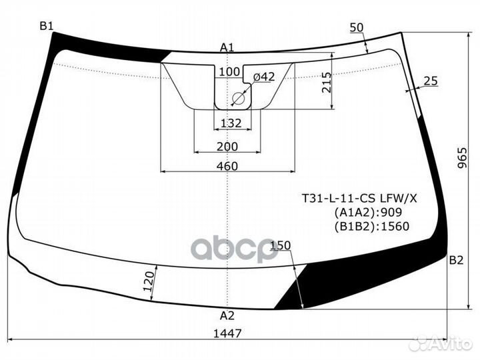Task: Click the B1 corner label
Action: coord(46,26)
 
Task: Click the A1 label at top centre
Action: coord(227,47)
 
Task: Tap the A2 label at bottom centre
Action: coord(227,315)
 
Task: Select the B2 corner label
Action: coord(456,260)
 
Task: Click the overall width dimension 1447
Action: coord(227,333)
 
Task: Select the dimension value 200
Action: coord(227,147)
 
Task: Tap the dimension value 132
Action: coord(231,123)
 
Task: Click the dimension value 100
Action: coord(229,72)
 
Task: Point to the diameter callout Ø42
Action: coord(263,77)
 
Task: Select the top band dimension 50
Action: coord(357,27)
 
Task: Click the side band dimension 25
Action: coord(430,81)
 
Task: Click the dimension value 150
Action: coord(282,246)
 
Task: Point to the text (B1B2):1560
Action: coord(371,226)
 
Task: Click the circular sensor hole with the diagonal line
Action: coord(238,99)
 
